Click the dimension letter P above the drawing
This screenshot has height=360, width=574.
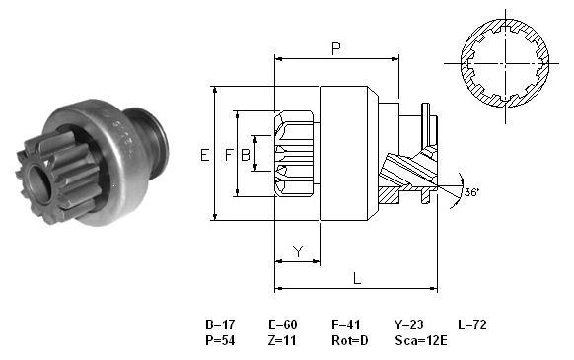pos(335,48)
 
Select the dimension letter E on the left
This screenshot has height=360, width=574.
pos(204,155)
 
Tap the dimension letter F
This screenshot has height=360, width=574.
pos(229,155)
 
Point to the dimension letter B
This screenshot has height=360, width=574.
pos(246,155)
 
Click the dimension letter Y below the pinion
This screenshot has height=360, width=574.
pos(299,252)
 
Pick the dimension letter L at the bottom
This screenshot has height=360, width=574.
pos(357,278)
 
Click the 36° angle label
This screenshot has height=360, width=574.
pos(471,192)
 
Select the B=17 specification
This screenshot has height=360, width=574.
pos(220,324)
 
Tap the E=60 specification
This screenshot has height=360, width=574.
pos(283,324)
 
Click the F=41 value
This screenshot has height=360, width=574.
pos(346,324)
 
